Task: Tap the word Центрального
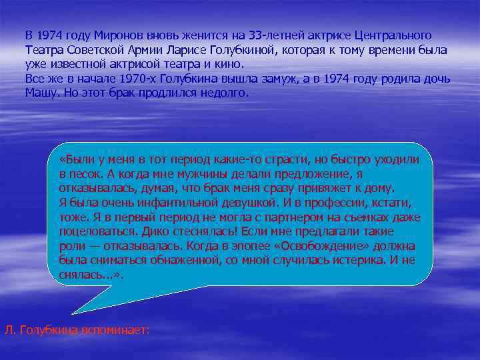coord(393,35)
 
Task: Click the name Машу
coord(41,93)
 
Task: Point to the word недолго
coord(223,93)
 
